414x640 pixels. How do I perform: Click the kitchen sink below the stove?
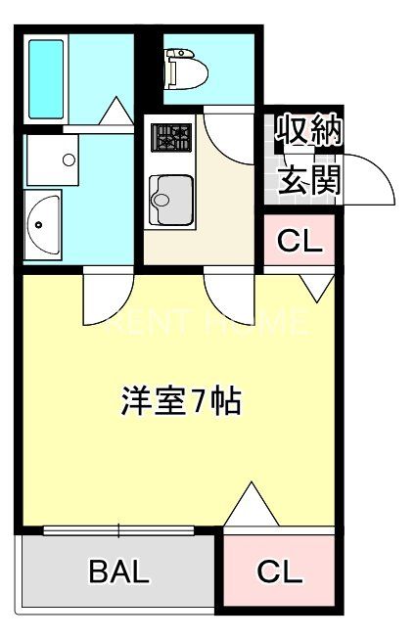coord(170,201)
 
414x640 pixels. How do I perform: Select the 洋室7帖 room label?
coord(181,401)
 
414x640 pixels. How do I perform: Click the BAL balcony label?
coord(119,572)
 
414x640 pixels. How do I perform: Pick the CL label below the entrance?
coord(299,242)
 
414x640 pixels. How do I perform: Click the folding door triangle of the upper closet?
coord(315,286)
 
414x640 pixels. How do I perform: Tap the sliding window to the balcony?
coord(118,531)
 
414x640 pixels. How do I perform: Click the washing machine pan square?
coord(51,159)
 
